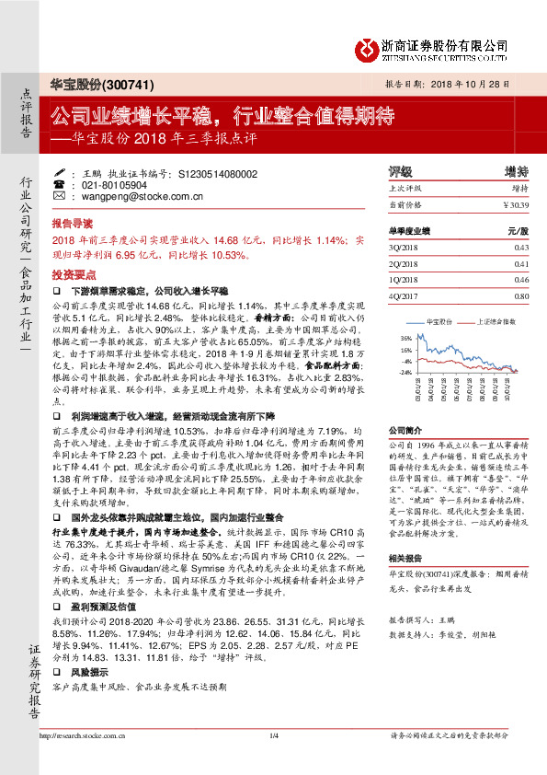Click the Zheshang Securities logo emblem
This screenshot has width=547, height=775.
[369, 48]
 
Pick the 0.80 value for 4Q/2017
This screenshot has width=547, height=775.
[521, 296]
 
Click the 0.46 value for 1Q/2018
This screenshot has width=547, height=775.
[521, 280]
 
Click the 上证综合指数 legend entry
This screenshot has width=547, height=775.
[496, 323]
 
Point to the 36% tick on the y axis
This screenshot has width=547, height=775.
[405, 338]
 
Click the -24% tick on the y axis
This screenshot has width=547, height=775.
[404, 373]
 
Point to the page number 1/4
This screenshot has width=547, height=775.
[273, 762]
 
